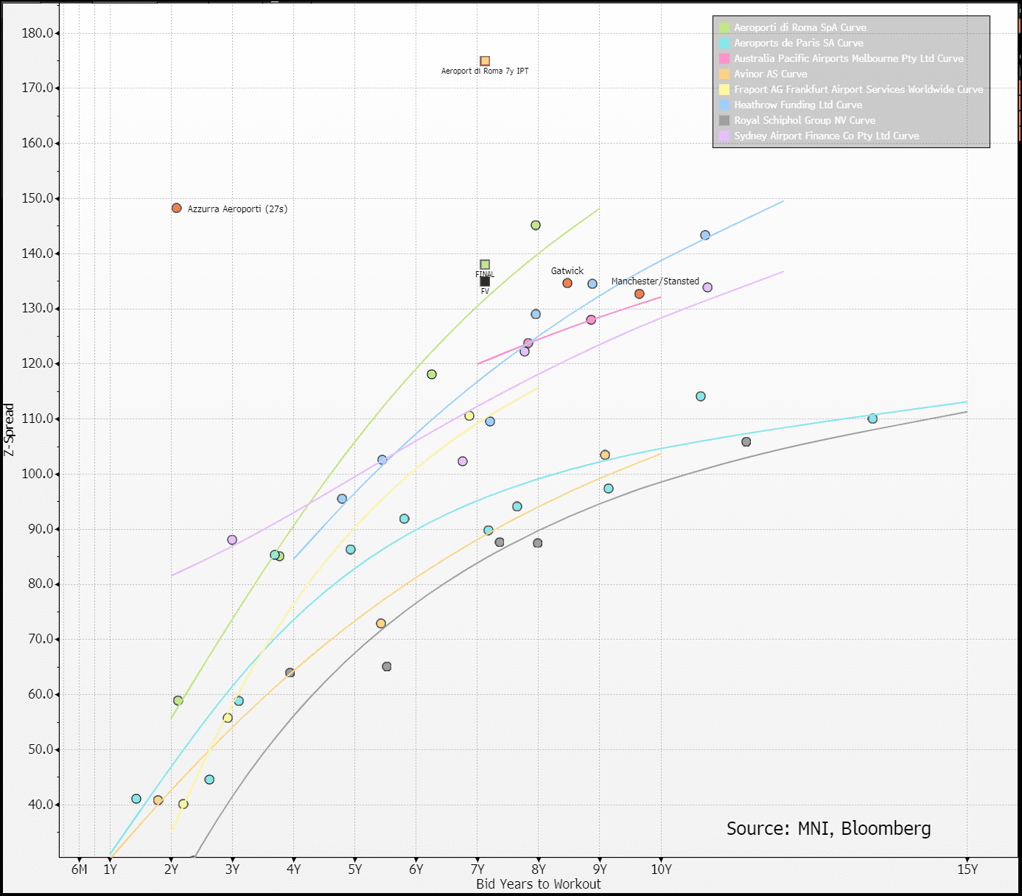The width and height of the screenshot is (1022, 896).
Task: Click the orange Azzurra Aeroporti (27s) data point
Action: (176, 209)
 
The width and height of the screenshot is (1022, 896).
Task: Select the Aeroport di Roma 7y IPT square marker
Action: (485, 61)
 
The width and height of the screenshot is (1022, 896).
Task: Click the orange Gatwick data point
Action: (567, 283)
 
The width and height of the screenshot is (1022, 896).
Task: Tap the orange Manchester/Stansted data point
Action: (640, 294)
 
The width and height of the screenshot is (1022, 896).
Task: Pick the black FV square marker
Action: (485, 281)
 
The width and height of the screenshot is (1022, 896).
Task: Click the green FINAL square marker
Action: (485, 265)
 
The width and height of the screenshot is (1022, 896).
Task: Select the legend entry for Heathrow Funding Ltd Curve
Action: (797, 105)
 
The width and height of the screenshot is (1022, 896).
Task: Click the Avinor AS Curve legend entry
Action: (770, 74)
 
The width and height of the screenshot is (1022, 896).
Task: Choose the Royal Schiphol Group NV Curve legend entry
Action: (804, 120)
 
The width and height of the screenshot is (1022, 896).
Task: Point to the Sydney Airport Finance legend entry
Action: (826, 136)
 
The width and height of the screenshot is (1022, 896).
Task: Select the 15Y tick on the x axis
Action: (967, 869)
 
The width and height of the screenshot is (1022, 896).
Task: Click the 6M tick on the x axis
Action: (80, 869)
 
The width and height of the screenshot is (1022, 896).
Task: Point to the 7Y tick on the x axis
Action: (477, 869)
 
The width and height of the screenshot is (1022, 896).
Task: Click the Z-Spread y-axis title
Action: (9, 430)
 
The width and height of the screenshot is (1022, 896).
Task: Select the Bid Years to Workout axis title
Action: (538, 884)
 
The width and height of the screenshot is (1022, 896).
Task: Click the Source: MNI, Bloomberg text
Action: (828, 829)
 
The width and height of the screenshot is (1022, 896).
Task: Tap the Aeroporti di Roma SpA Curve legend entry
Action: (799, 27)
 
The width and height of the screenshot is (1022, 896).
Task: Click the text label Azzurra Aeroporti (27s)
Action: (237, 209)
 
